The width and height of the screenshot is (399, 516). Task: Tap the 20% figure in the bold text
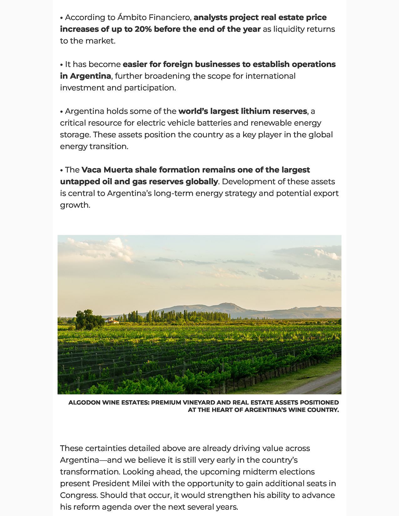point(143,29)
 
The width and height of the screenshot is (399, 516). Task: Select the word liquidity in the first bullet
point(289,29)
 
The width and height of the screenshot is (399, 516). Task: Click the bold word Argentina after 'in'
point(90,76)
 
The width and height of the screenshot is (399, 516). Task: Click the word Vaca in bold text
point(91,170)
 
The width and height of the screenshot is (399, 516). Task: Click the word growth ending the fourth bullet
point(74,205)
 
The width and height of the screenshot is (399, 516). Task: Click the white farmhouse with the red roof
point(112,321)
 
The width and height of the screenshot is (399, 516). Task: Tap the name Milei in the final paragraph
point(141,483)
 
